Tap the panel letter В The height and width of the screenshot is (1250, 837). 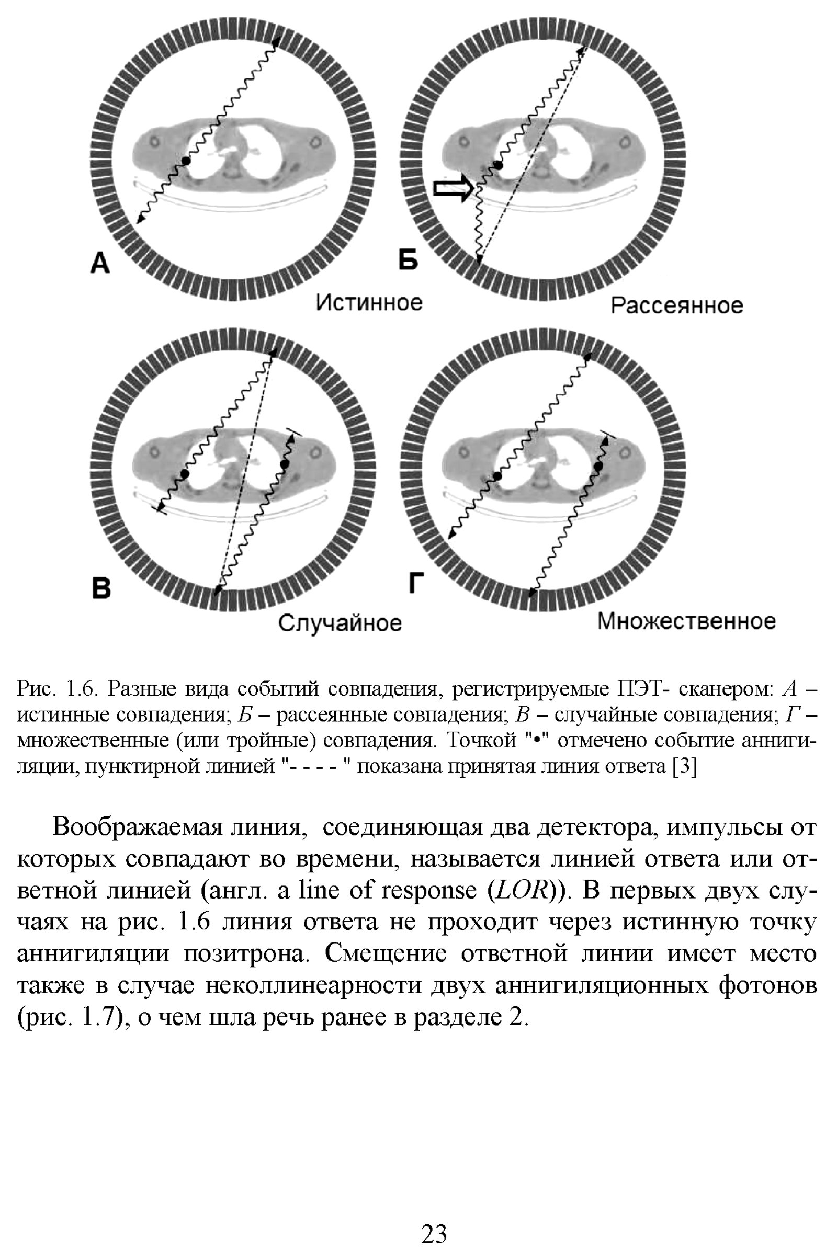coord(101,588)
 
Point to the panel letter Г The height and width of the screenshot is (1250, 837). coord(416,582)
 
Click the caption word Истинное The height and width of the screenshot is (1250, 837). coord(369,303)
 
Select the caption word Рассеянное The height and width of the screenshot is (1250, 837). coord(676,306)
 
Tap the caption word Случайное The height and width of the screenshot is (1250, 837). coord(340,623)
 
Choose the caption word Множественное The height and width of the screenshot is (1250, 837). coord(686,621)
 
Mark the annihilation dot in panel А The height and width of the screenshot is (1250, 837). coord(185,160)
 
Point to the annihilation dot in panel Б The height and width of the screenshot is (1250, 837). coord(498,165)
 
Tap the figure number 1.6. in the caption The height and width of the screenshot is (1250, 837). coord(82,689)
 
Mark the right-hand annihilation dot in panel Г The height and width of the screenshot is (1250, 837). coord(598,466)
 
